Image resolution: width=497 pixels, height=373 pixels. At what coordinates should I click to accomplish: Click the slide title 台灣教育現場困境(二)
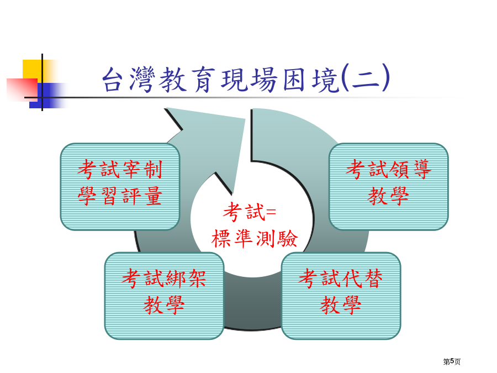(246, 78)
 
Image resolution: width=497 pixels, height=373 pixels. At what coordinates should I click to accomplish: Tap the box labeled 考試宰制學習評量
(120, 187)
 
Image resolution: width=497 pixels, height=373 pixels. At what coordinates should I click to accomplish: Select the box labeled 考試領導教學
(389, 187)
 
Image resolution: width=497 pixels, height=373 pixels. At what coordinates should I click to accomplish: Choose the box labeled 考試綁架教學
(164, 296)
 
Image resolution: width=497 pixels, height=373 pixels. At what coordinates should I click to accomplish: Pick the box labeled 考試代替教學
(341, 296)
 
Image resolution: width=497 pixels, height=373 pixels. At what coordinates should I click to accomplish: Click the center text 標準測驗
(255, 239)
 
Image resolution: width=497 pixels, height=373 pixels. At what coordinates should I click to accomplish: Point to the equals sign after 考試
(271, 212)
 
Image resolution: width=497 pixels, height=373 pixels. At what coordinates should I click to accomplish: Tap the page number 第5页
(452, 361)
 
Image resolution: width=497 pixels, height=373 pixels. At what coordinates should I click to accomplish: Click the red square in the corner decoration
(22, 90)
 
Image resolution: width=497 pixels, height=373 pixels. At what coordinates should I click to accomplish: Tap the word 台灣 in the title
(129, 79)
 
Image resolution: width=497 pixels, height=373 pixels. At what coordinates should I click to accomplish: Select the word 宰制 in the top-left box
(142, 169)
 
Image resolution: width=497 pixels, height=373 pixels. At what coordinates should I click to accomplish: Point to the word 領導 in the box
(411, 169)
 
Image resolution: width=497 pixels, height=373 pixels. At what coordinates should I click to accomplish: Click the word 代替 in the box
(363, 279)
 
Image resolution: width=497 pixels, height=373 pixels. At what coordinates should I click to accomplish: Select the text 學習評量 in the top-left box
(120, 196)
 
